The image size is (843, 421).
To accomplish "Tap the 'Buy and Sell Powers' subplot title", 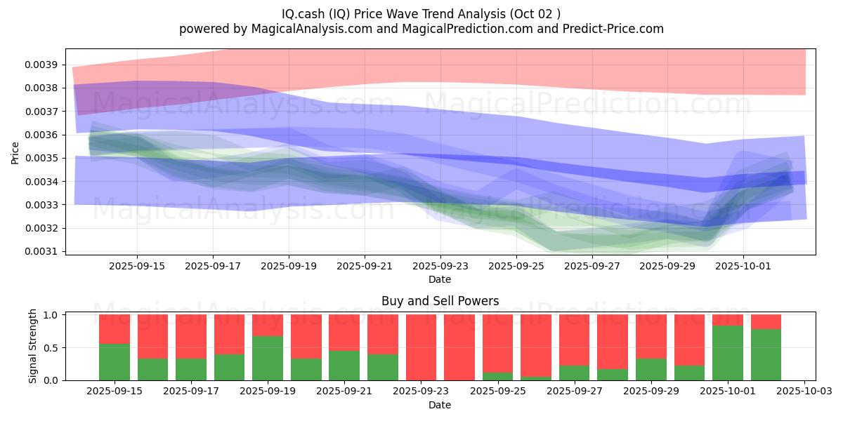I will click(x=440, y=301).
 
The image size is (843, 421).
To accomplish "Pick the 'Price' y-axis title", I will click(x=15, y=152).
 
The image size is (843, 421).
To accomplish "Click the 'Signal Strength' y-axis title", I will click(x=33, y=347).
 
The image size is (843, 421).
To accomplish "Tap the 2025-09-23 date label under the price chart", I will click(x=440, y=266).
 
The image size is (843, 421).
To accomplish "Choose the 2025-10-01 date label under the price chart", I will click(x=743, y=266).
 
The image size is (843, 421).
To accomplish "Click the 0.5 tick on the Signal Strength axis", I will click(x=52, y=348).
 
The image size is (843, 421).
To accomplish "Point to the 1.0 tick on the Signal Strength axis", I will click(x=52, y=315).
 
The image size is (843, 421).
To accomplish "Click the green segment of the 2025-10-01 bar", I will click(x=728, y=353).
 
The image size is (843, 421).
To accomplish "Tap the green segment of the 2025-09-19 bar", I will click(x=268, y=358).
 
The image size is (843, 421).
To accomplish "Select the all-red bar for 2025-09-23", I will click(x=421, y=347).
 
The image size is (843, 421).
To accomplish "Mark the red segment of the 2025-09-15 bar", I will click(x=115, y=328).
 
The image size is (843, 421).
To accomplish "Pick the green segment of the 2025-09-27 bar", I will click(x=574, y=373).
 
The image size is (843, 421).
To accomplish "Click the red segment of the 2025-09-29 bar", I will click(x=651, y=336).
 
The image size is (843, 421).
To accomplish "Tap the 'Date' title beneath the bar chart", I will click(x=440, y=405).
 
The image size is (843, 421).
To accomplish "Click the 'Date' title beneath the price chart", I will click(x=440, y=279).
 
